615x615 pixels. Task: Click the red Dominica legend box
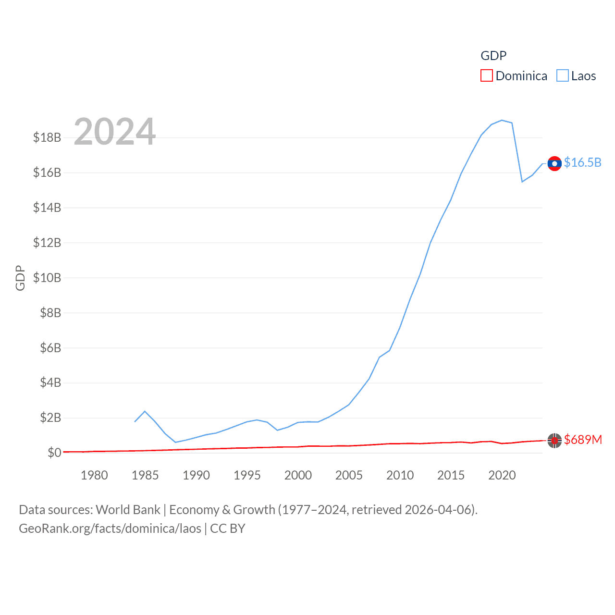click(486, 76)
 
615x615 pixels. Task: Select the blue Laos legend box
click(562, 76)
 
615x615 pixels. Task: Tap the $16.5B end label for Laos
click(582, 162)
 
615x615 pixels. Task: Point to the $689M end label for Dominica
click(583, 440)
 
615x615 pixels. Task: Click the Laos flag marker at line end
click(554, 164)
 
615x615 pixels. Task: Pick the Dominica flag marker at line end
click(554, 440)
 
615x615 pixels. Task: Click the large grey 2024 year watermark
click(114, 132)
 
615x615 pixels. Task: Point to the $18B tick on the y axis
click(47, 137)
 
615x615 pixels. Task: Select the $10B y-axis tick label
click(47, 278)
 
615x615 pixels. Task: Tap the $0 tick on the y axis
click(54, 453)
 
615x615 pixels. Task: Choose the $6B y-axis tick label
click(50, 348)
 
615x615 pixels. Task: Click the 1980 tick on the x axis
click(94, 475)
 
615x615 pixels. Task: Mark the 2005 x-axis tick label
click(349, 475)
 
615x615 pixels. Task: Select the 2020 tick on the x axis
click(502, 475)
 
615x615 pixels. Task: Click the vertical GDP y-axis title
click(20, 278)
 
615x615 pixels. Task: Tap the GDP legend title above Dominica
click(493, 56)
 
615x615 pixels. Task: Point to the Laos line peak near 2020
click(502, 120)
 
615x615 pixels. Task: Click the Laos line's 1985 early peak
click(145, 411)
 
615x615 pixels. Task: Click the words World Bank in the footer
click(128, 509)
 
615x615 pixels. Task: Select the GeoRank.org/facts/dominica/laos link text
click(110, 529)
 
